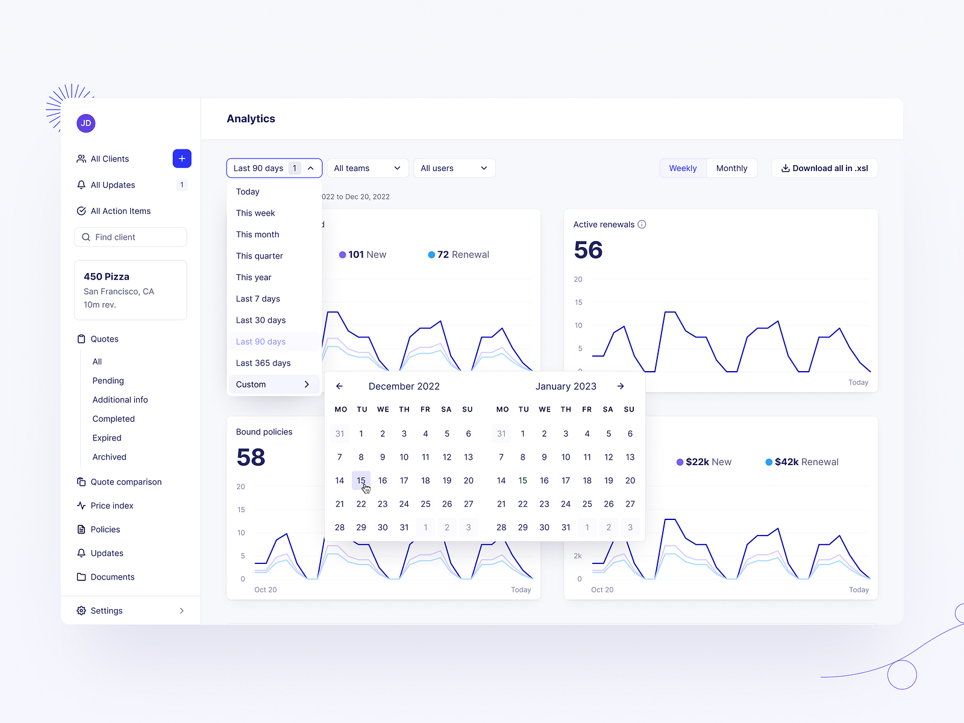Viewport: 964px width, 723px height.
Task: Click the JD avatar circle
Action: [86, 123]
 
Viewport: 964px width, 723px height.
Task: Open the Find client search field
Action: [131, 237]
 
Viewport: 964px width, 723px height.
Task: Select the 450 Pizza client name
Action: [107, 277]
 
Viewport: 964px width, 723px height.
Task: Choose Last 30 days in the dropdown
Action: [261, 320]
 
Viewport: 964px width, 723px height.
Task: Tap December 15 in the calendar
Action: [361, 480]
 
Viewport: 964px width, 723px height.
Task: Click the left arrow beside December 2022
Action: [339, 386]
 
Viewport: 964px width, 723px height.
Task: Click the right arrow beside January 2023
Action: [621, 386]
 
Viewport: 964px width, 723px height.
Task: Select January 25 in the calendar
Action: [587, 504]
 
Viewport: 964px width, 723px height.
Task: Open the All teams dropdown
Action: [367, 168]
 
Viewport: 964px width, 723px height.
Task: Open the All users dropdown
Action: [454, 168]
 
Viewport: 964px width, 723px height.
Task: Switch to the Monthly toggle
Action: [731, 168]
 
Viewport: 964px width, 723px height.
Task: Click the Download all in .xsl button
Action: [824, 168]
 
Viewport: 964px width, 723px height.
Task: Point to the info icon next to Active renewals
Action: [642, 224]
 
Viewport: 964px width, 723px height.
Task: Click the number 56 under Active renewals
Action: [588, 250]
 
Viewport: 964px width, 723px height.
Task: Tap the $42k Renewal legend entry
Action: [802, 462]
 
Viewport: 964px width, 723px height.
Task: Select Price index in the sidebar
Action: [111, 505]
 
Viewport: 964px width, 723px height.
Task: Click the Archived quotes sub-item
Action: [109, 457]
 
